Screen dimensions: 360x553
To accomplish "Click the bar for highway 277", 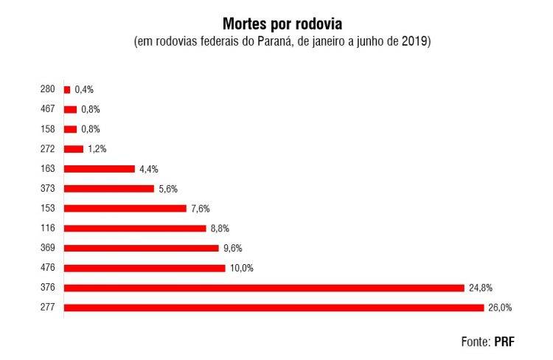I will [x=274, y=307].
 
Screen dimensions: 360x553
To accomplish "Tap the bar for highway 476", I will [x=145, y=268].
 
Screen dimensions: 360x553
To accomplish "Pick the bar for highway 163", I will [x=100, y=168].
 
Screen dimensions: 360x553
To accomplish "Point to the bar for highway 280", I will [x=67, y=89].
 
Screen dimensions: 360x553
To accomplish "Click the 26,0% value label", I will [x=500, y=307].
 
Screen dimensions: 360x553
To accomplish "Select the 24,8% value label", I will [x=480, y=287].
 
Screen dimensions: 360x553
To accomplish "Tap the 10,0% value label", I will [x=242, y=268].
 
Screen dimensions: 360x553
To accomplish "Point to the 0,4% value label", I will [x=84, y=89].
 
